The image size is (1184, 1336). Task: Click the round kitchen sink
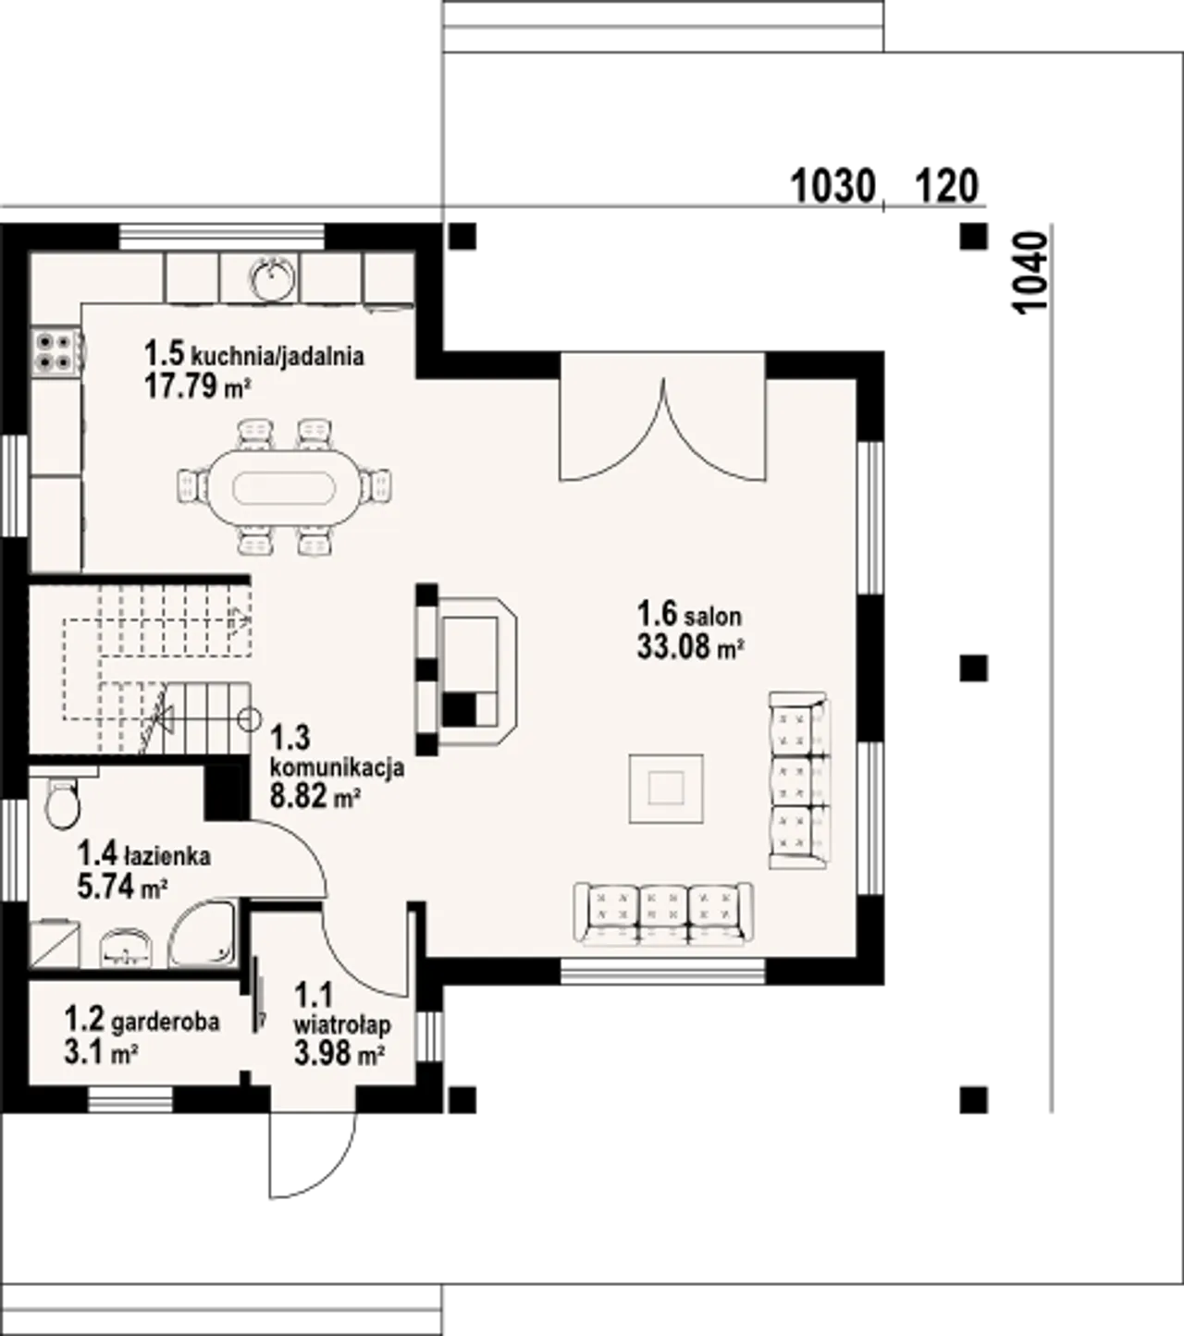click(x=272, y=276)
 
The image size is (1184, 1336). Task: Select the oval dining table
click(x=283, y=485)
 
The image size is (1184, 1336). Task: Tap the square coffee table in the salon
click(x=666, y=788)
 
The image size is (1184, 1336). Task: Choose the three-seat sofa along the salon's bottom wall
click(x=663, y=913)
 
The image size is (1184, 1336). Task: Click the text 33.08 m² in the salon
click(x=690, y=646)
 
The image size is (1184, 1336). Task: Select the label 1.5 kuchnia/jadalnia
click(x=253, y=354)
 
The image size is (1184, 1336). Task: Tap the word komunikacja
click(x=337, y=766)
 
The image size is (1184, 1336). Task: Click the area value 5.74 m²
click(x=122, y=888)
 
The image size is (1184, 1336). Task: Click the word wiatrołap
click(x=342, y=1024)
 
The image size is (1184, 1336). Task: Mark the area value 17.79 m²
click(x=198, y=386)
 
